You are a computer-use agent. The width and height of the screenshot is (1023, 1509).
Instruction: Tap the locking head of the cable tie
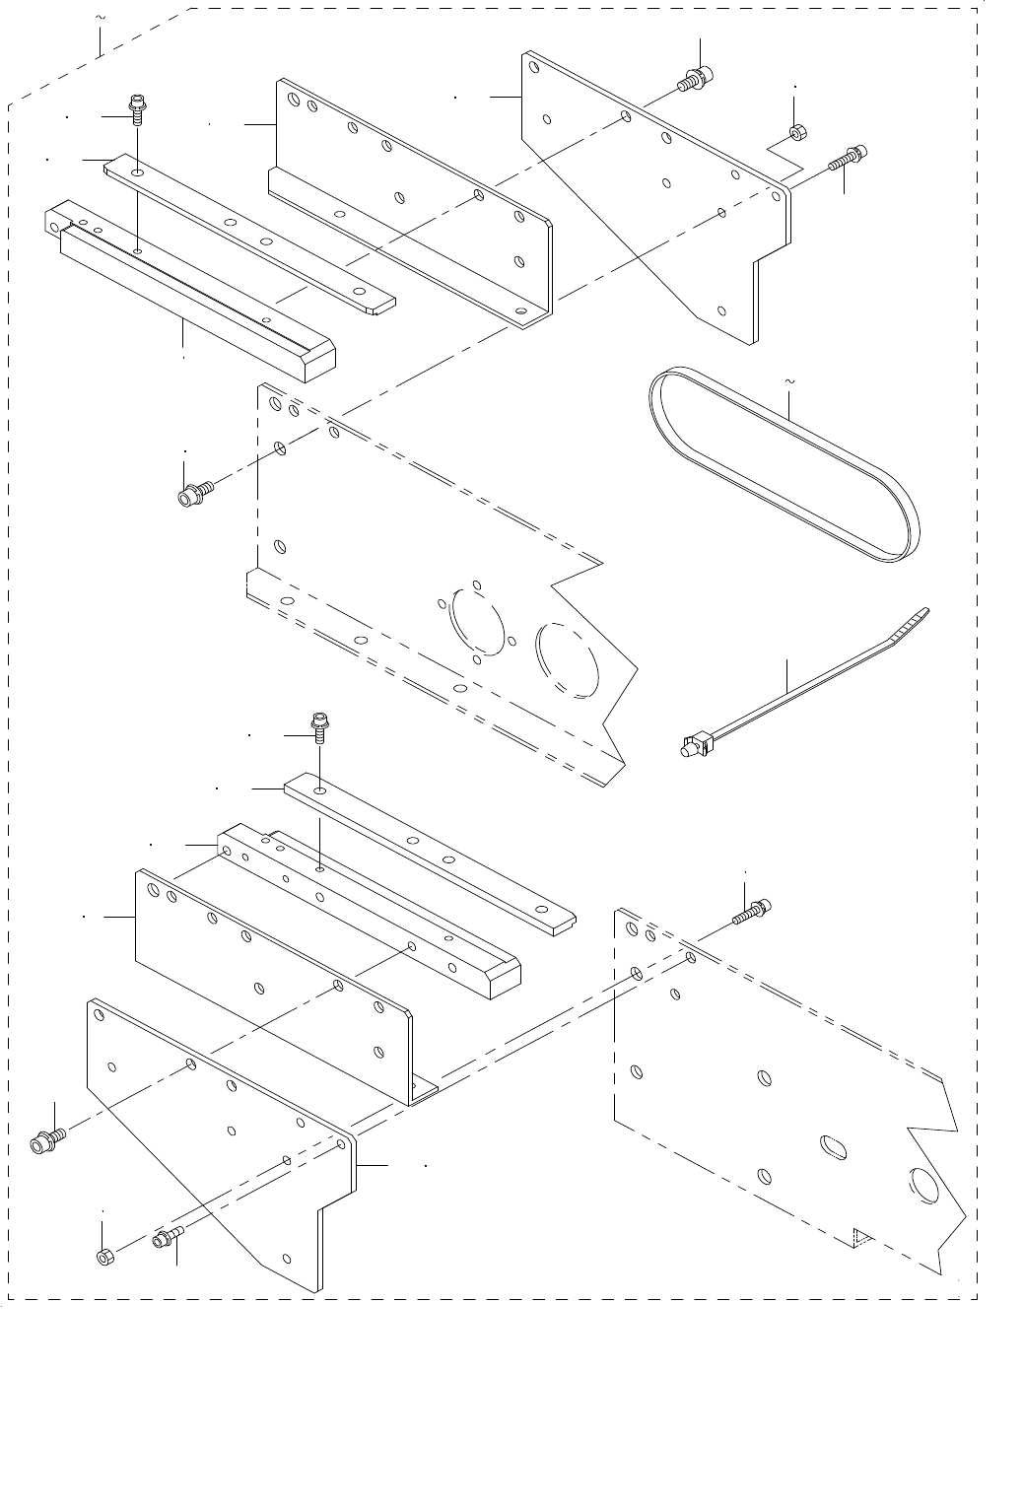[x=696, y=745]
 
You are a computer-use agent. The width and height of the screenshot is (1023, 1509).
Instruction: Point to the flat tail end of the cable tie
[x=912, y=625]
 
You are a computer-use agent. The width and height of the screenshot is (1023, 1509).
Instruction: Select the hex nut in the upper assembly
[x=795, y=131]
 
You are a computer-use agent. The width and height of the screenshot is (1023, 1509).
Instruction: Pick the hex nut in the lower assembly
[x=105, y=1257]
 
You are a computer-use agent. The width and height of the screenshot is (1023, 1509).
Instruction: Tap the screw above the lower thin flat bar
[x=320, y=726]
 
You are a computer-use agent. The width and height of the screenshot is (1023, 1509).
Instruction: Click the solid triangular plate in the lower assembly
[x=217, y=1133]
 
